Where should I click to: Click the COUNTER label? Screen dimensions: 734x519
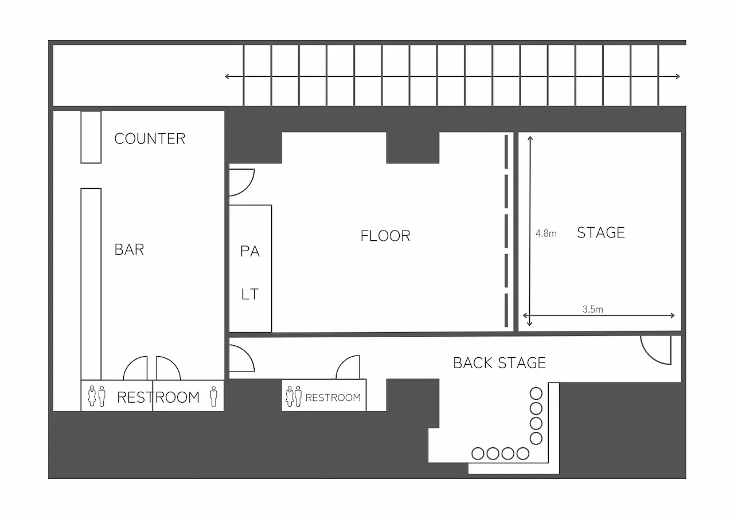pos(150,139)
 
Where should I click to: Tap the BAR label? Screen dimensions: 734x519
pos(129,249)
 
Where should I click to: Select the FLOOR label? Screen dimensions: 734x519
pos(385,236)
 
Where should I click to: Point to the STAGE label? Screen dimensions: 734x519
pos(601,233)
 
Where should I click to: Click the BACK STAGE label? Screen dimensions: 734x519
pos(499,363)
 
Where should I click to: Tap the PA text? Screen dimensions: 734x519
pos(249,251)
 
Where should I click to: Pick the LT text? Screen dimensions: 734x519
pos(249,294)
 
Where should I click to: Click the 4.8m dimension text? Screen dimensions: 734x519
pos(546,233)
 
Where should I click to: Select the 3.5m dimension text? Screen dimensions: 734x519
pos(593,309)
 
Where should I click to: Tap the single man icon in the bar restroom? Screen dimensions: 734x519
pos(214,396)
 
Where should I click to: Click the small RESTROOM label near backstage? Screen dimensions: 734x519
pos(333,398)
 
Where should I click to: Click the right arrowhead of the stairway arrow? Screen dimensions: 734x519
pos(677,76)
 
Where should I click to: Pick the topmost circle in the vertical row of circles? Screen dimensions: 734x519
pos(536,393)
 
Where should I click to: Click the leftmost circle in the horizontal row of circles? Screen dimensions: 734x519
pos(478,454)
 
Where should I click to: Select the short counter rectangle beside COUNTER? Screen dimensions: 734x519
pos(91,137)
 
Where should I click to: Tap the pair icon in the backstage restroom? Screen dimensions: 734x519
pos(294,396)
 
